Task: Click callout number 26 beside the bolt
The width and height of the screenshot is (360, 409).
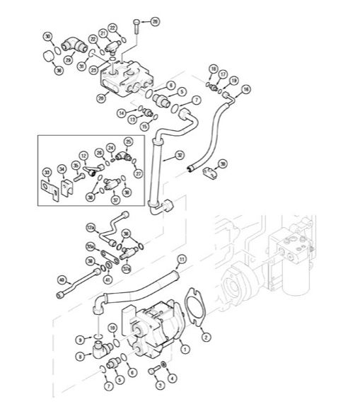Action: (155, 21)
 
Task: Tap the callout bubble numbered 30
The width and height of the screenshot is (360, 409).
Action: (47, 37)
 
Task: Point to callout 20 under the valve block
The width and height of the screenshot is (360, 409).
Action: (101, 98)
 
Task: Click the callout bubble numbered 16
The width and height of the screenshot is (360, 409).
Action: (246, 89)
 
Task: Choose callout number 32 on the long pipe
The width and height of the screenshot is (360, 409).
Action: (180, 154)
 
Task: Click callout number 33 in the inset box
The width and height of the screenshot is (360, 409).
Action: (47, 172)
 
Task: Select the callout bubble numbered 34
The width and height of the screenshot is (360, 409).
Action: (62, 168)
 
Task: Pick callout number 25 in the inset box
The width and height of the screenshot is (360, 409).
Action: (128, 142)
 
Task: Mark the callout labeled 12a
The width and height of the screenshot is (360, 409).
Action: (90, 227)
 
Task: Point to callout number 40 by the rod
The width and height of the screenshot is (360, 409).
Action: (62, 280)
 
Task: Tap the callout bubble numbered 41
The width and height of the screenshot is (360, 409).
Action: (108, 280)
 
